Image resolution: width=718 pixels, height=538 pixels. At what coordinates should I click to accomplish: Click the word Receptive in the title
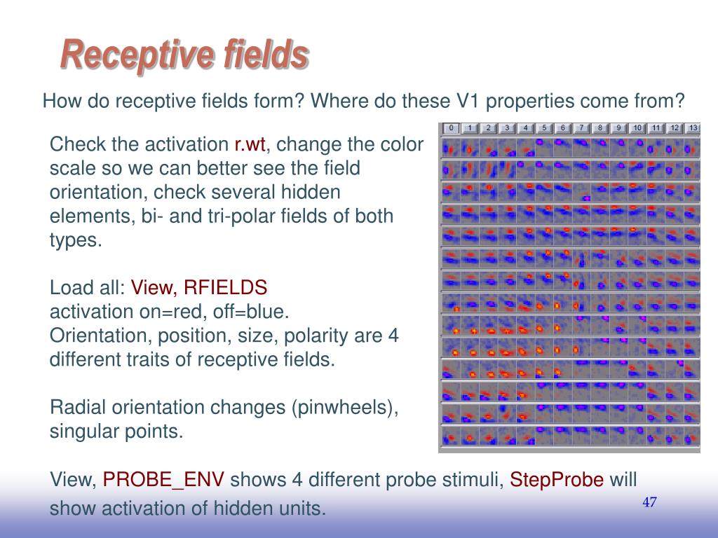(x=137, y=55)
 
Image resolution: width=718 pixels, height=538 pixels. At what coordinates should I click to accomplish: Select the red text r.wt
(x=250, y=144)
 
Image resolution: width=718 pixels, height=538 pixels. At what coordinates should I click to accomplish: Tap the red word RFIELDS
(x=225, y=288)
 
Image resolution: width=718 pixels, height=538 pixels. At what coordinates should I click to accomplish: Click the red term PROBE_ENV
(x=163, y=480)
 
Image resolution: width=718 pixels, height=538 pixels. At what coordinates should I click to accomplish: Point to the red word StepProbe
(x=556, y=480)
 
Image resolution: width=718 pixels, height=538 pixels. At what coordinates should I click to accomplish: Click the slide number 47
(x=649, y=502)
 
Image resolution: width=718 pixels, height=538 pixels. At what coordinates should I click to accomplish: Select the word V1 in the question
(x=468, y=101)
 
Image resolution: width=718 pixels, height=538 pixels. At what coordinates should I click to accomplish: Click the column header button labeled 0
(x=451, y=128)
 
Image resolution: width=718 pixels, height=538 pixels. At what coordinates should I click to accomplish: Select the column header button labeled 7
(x=581, y=128)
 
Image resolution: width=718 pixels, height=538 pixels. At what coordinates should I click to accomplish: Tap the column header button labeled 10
(x=637, y=128)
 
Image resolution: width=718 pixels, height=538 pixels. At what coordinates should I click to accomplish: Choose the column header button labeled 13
(x=693, y=128)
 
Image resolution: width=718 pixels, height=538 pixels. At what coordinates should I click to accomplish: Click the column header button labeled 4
(x=526, y=128)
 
